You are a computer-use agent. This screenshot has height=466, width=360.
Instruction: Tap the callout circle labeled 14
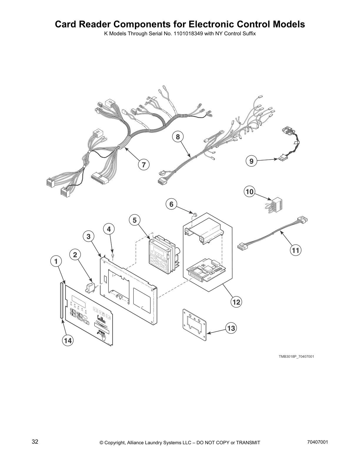point(68,340)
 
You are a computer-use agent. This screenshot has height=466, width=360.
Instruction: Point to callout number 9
point(251,161)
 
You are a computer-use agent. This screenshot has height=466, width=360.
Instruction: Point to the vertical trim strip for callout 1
point(61,300)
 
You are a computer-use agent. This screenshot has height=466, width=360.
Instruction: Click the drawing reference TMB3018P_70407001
point(296,357)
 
